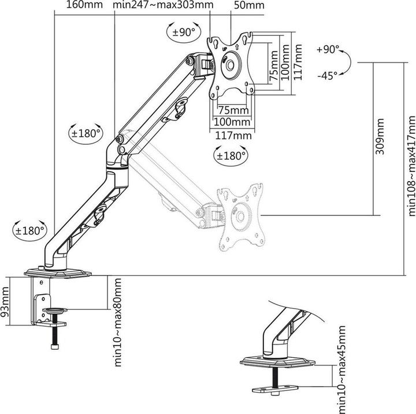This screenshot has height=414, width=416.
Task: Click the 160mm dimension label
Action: [84, 5]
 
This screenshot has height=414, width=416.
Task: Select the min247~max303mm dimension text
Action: [163, 5]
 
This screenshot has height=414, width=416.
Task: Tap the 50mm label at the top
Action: [249, 5]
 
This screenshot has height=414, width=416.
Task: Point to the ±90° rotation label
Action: [184, 32]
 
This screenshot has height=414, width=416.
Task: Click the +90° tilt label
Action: [328, 49]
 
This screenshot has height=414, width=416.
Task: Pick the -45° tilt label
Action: [328, 76]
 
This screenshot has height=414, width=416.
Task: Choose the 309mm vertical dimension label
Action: [380, 137]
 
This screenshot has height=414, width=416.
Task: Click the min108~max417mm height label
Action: [411, 166]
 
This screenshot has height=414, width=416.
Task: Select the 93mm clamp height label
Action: [5, 302]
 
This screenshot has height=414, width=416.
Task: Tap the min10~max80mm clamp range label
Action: [117, 323]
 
